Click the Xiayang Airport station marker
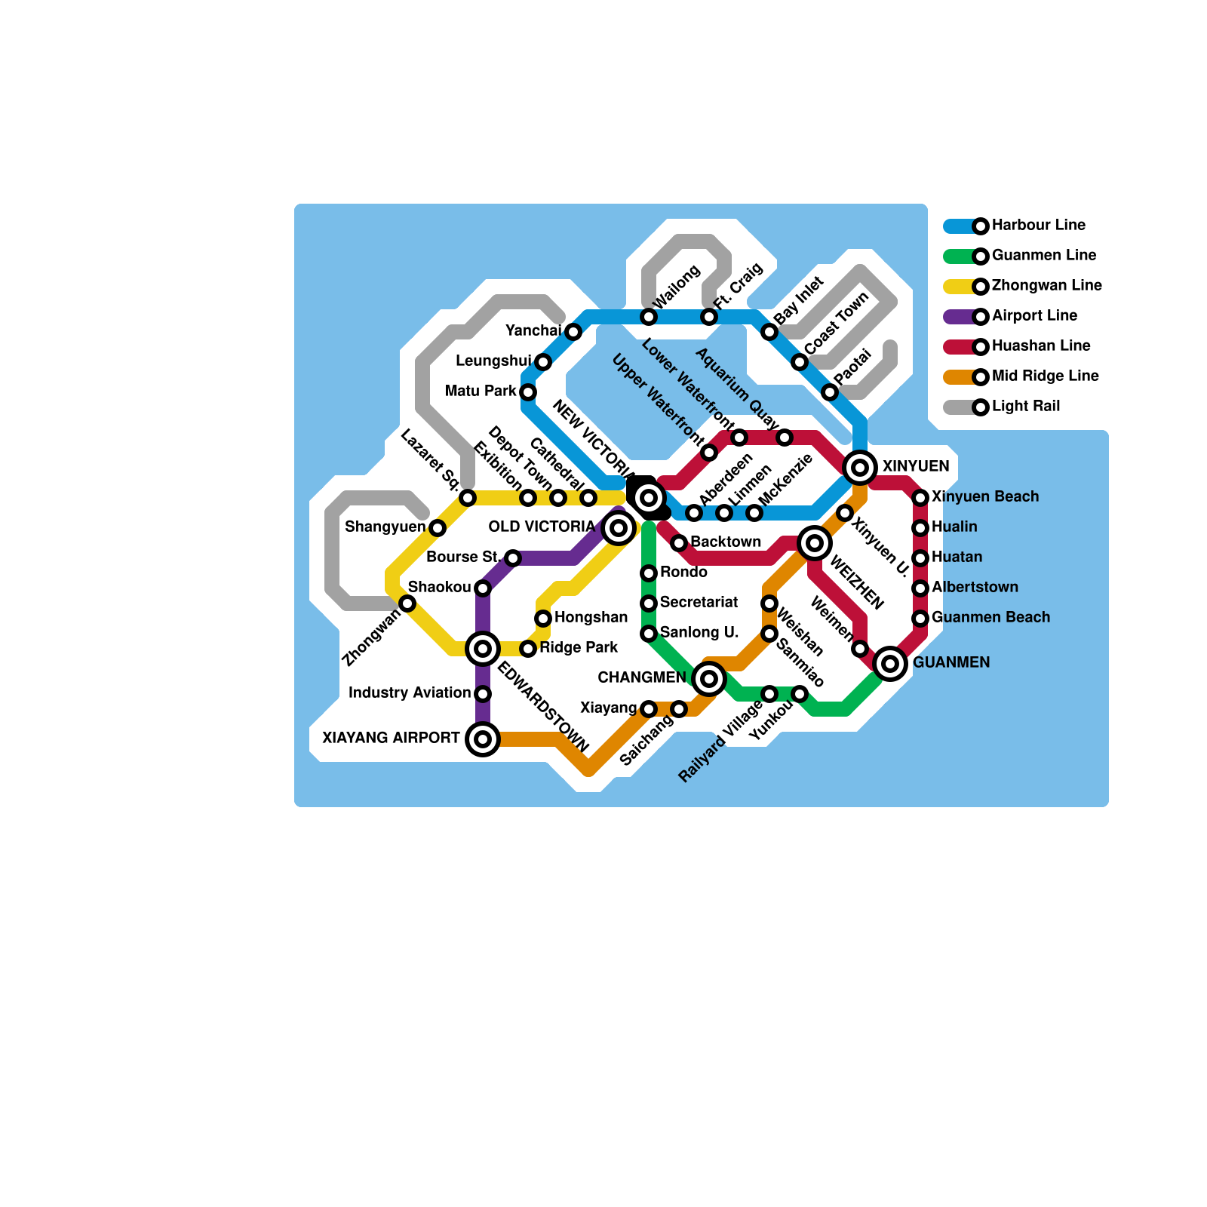point(483,739)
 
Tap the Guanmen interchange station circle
point(890,664)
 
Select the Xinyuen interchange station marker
point(860,468)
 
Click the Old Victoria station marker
point(619,528)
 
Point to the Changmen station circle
point(709,679)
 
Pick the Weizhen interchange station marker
point(815,543)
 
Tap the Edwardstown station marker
point(483,649)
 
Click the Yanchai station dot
point(573,332)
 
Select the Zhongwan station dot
point(407,603)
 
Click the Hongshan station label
point(591,618)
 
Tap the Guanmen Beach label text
point(990,618)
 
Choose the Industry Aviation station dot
point(483,694)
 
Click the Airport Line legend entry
point(1034,316)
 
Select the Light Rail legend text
point(1026,407)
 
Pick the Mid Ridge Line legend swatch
point(959,377)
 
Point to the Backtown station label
point(726,542)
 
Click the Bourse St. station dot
point(513,558)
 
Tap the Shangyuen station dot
point(438,528)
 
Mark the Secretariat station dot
point(649,603)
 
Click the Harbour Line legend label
point(1038,226)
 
